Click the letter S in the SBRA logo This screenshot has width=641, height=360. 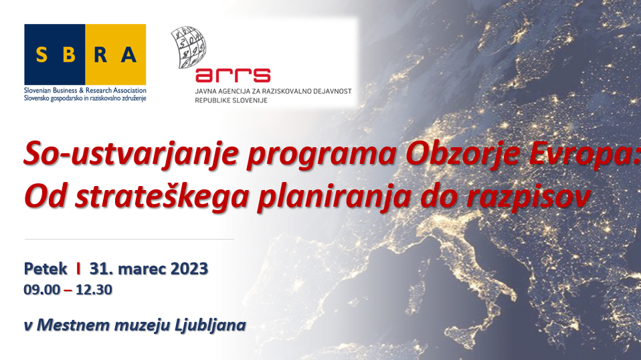[41, 55]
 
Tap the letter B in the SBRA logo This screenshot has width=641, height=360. [69, 55]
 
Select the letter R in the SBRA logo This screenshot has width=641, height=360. [100, 55]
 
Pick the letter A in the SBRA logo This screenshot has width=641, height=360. [128, 55]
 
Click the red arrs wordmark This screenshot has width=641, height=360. [233, 75]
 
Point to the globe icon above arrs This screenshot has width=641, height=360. [189, 47]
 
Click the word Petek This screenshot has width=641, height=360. [45, 269]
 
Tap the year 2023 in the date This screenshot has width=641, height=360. [189, 269]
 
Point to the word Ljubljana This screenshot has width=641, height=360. [210, 326]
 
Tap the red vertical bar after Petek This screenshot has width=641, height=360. [78, 268]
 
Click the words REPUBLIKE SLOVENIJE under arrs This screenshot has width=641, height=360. [231, 100]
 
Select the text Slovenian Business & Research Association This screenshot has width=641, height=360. [85, 90]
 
